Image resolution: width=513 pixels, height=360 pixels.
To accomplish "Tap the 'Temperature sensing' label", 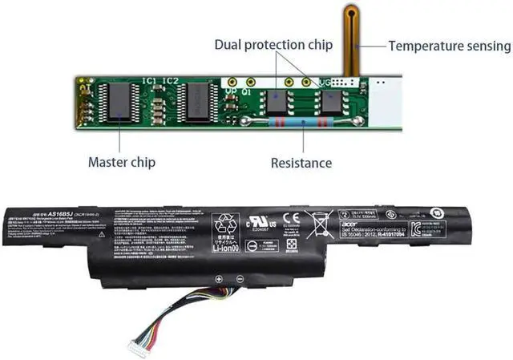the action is point(450,46).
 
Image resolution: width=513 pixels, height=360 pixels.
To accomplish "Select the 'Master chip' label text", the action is point(121,163).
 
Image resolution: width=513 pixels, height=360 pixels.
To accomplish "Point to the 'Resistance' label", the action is point(301,163).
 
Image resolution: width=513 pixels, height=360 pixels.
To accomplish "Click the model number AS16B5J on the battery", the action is point(63,215).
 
